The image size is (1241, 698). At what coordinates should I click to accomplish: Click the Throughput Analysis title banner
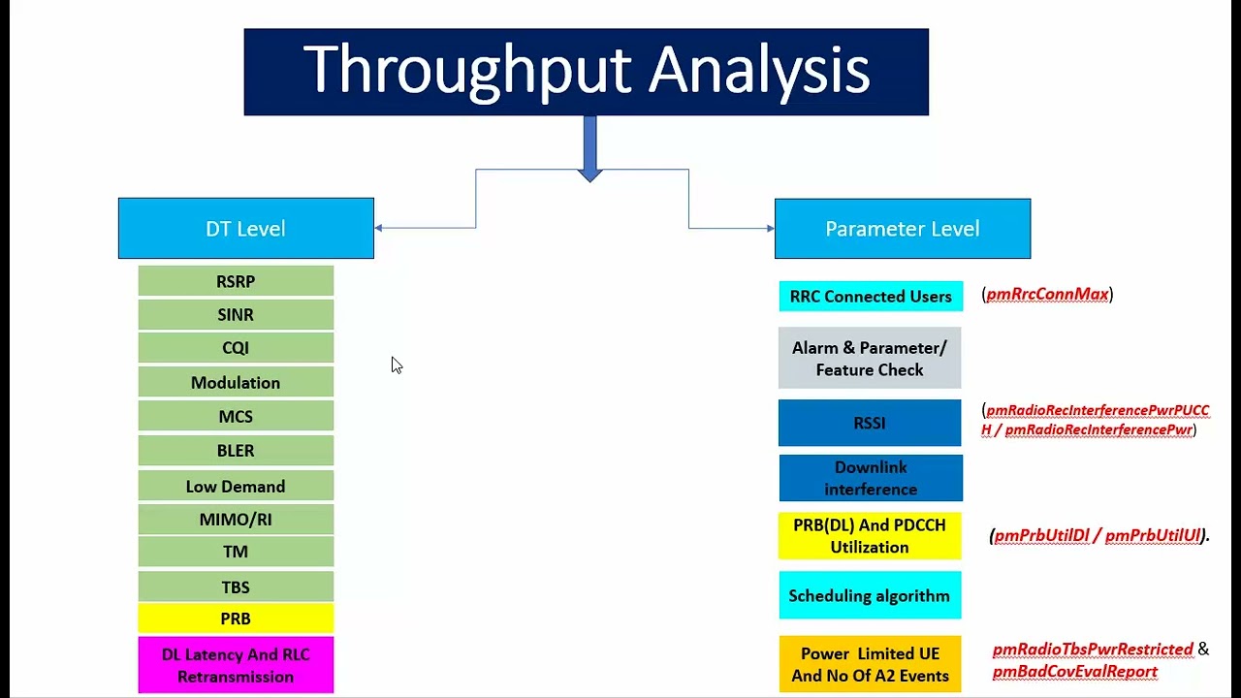click(x=586, y=72)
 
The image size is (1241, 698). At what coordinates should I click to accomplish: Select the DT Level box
click(x=245, y=229)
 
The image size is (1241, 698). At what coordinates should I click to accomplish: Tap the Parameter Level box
click(x=902, y=229)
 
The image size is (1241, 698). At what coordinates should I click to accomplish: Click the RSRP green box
click(x=236, y=281)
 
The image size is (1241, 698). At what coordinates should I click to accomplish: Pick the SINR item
click(x=236, y=314)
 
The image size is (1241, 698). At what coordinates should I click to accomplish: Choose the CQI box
click(x=236, y=347)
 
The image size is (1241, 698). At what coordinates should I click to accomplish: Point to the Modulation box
click(x=236, y=382)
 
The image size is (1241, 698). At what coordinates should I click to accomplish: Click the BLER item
click(x=236, y=451)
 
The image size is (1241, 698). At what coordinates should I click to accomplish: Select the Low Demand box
click(x=236, y=486)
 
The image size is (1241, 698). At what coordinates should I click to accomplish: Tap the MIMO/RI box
click(x=236, y=520)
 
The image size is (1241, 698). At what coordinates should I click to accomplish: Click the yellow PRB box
click(x=236, y=619)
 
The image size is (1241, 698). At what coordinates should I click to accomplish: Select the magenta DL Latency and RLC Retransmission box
click(x=236, y=665)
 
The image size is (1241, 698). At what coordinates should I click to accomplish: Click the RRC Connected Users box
click(x=871, y=297)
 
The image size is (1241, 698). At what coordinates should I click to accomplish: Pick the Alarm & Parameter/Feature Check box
click(x=870, y=359)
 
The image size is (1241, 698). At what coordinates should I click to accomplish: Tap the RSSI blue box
click(x=870, y=423)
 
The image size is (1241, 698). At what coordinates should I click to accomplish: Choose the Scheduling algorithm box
click(x=870, y=595)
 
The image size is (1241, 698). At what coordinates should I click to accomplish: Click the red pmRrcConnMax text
click(x=1047, y=295)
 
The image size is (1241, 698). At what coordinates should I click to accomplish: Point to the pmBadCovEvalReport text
click(x=1074, y=671)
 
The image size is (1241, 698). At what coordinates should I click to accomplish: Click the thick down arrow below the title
click(x=589, y=149)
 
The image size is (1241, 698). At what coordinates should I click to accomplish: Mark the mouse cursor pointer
click(x=396, y=365)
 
